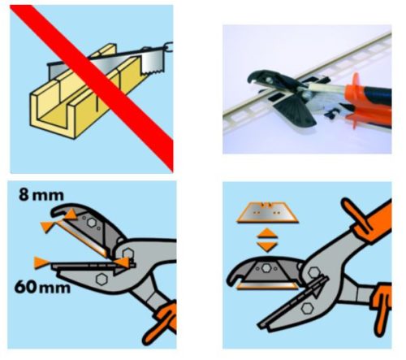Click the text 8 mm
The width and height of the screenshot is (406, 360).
coord(41,194)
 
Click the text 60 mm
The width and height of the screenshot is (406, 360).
coord(42,287)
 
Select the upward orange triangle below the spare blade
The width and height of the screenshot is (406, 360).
coord(267,233)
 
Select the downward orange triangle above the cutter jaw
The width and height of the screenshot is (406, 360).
coord(267,246)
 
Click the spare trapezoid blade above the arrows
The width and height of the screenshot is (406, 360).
coord(267,212)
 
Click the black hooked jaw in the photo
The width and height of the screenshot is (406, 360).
coord(268,79)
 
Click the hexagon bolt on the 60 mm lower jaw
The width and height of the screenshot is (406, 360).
coord(101,279)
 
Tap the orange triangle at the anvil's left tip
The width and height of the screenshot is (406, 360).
coord(41,262)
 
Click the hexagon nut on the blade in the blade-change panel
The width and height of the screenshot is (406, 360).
coord(267,268)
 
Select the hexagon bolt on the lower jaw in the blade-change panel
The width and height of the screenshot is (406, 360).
coord(307,308)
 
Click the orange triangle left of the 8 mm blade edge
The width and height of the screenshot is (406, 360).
coord(46,226)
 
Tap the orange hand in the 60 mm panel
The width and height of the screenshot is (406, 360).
coord(162,323)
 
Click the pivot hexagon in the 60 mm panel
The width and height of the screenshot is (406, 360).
coord(127,254)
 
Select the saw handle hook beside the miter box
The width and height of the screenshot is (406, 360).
coord(169,46)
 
